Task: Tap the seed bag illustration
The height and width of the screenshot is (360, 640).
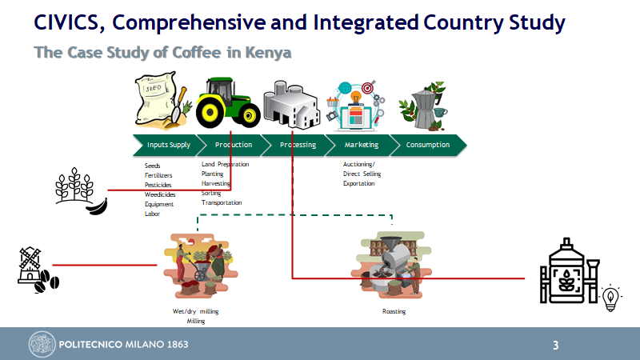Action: point(159,99)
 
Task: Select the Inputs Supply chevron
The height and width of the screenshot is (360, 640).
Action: point(169,145)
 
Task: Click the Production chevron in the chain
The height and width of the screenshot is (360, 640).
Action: point(234,145)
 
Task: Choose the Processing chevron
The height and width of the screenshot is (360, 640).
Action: point(298,145)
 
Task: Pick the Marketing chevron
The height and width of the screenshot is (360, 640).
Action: point(362,145)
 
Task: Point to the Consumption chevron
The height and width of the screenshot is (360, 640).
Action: point(427,145)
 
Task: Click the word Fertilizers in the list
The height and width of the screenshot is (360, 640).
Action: point(158,174)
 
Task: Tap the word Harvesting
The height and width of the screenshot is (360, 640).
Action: point(216,183)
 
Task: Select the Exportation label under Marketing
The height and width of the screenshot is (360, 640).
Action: point(359,183)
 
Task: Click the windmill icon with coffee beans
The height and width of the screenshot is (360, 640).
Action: point(35,270)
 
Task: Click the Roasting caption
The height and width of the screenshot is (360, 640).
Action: point(394,311)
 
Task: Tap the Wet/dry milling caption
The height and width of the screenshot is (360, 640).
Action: point(196,311)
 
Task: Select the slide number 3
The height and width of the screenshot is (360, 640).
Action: point(555,346)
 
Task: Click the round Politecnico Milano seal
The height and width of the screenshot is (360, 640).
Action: point(42,345)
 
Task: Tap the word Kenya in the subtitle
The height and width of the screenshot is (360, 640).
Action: point(270,53)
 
